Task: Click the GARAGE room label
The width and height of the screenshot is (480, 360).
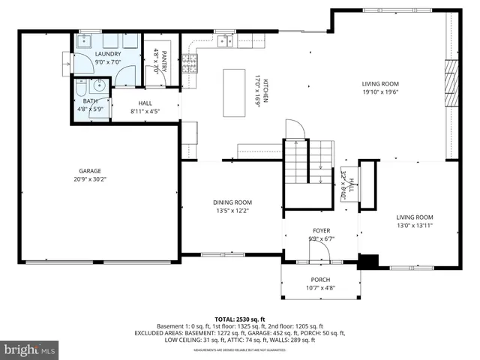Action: [x=90, y=171]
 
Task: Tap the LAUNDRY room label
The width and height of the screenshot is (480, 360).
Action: [x=108, y=54]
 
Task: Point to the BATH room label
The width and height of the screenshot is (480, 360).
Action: [x=90, y=100]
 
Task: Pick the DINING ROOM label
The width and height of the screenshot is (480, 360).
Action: [x=232, y=202]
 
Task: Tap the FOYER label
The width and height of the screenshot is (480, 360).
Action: [x=322, y=230]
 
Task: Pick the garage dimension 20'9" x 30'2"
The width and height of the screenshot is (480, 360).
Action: [x=90, y=179]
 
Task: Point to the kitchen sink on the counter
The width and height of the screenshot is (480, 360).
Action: [x=225, y=41]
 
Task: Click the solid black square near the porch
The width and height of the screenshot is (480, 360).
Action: [x=367, y=262]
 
